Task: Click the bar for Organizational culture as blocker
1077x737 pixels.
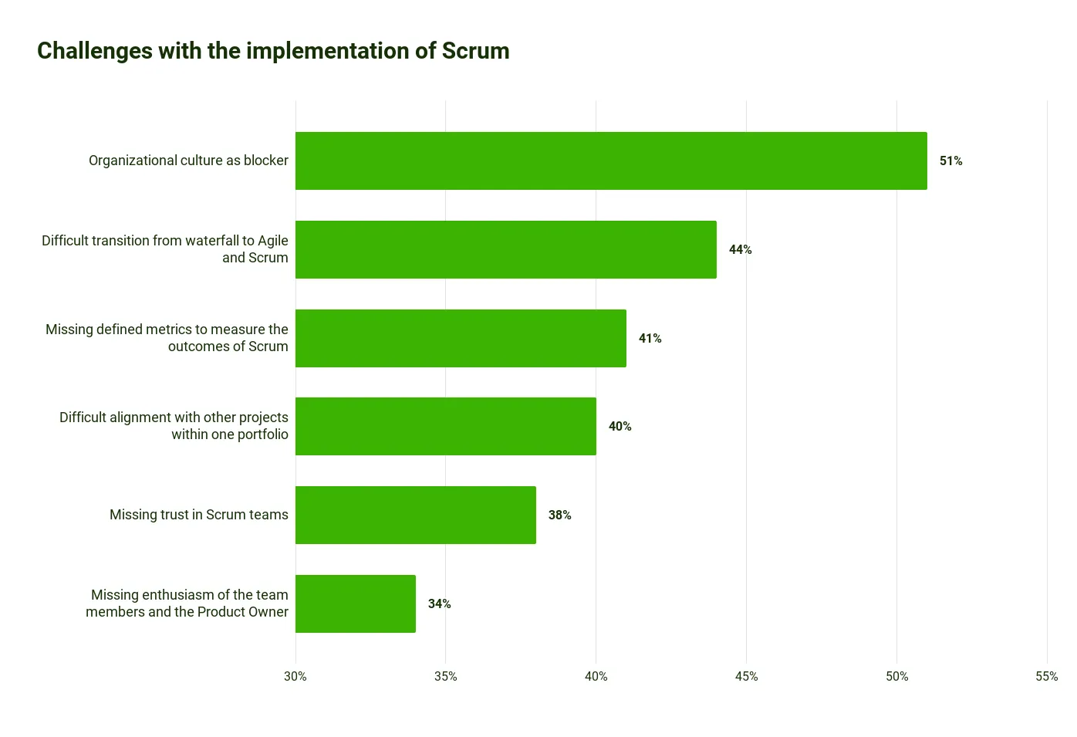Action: click(611, 161)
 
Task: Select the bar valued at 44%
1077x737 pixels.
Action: click(506, 249)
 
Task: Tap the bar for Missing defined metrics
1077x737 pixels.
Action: click(461, 338)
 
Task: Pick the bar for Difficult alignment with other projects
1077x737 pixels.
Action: click(446, 426)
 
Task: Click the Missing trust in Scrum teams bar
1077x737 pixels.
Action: click(416, 515)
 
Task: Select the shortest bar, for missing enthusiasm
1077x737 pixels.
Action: click(356, 603)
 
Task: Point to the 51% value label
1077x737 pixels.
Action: click(950, 161)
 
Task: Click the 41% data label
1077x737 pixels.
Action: click(650, 338)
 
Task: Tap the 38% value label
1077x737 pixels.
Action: click(559, 515)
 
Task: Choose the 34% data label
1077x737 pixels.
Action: click(439, 603)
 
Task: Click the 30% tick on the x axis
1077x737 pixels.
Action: click(295, 676)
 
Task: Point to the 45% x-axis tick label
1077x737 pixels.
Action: click(746, 676)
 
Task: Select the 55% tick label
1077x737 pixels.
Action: click(1046, 676)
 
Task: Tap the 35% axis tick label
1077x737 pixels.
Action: click(446, 676)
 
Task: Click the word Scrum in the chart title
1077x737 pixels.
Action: click(475, 51)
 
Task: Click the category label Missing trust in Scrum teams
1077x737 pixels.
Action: click(199, 515)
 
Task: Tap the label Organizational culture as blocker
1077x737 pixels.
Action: click(188, 161)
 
